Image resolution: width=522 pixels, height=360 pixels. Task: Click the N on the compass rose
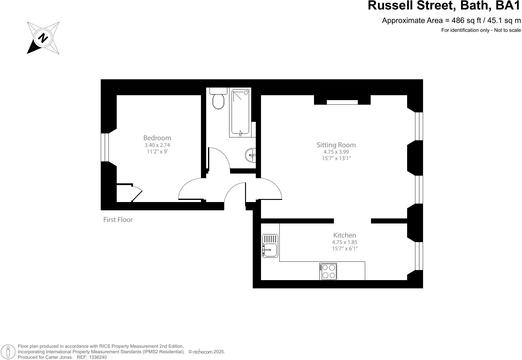(x=43, y=38)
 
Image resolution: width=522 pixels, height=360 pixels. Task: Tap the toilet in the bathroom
(x=218, y=100)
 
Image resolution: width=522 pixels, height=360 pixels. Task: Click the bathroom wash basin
(x=251, y=155)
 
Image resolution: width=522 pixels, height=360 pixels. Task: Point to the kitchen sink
(x=270, y=246)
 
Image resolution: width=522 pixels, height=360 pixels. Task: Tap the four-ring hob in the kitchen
(x=328, y=271)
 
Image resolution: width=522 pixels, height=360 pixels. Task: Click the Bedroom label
(x=157, y=138)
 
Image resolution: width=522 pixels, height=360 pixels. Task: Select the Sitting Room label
(x=336, y=145)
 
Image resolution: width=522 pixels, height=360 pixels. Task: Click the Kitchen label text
(x=345, y=235)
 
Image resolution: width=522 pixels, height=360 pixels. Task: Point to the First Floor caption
(x=118, y=219)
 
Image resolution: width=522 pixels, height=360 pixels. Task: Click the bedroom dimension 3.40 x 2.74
(x=157, y=145)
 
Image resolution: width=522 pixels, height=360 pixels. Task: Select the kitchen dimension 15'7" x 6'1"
(x=345, y=248)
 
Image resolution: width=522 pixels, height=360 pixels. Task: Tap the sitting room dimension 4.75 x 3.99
(x=336, y=152)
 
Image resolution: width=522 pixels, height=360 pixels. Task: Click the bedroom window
(x=105, y=147)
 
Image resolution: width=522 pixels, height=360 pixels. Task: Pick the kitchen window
(x=419, y=256)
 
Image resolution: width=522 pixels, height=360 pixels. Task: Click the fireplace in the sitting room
(x=342, y=102)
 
